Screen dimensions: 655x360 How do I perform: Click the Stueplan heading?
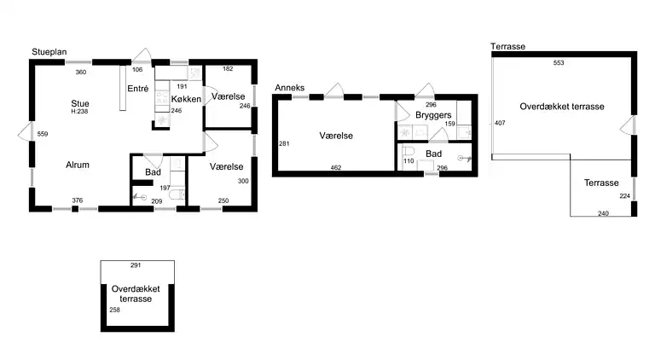(49, 52)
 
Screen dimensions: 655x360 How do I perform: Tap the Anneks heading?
(289, 88)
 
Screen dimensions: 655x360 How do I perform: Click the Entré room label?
(138, 89)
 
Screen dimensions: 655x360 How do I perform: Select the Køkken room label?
(186, 99)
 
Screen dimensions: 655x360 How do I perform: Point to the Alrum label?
(78, 165)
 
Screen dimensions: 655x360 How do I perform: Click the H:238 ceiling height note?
(79, 112)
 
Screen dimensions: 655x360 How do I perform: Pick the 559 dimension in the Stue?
(43, 134)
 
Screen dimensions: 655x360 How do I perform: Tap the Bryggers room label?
(433, 115)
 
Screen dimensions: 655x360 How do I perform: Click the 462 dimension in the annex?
(336, 167)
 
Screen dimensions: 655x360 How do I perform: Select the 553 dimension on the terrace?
(559, 62)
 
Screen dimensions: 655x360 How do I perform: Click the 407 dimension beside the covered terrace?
(500, 123)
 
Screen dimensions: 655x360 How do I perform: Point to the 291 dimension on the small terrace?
(136, 264)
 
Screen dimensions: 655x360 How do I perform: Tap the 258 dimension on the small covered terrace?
(114, 310)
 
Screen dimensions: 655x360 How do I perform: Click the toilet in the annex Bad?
(409, 151)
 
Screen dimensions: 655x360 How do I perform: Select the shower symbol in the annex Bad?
(464, 159)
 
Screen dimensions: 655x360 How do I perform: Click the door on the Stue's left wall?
(26, 131)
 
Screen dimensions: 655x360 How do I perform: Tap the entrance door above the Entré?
(142, 55)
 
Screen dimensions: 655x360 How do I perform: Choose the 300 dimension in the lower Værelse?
(243, 181)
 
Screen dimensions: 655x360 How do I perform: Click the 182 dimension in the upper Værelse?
(228, 68)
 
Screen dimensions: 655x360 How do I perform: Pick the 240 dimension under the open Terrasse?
(603, 213)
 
